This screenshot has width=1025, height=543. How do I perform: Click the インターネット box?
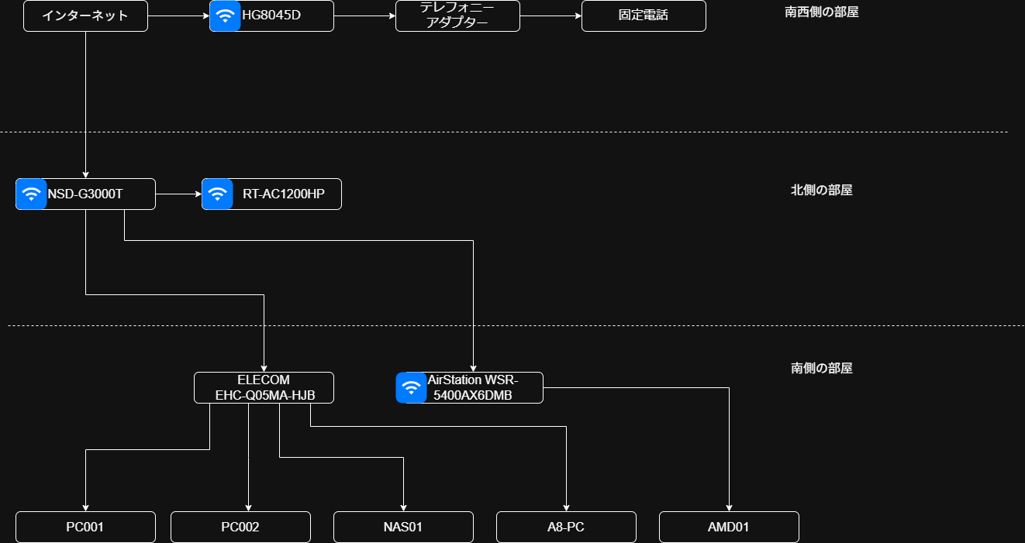pyautogui.click(x=85, y=15)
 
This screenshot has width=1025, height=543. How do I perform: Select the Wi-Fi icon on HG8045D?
pyautogui.click(x=225, y=15)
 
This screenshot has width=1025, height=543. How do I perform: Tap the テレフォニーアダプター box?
pyautogui.click(x=457, y=15)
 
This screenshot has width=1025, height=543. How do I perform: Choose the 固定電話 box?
pyautogui.click(x=644, y=15)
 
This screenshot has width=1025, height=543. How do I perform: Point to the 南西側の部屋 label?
pyautogui.click(x=822, y=12)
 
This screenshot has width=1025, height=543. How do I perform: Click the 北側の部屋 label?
pyautogui.click(x=822, y=190)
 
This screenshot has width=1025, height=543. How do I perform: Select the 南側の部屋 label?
pyautogui.click(x=822, y=368)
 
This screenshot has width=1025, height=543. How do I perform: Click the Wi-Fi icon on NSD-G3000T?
pyautogui.click(x=31, y=194)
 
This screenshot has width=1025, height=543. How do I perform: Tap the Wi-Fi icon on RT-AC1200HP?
pyautogui.click(x=217, y=194)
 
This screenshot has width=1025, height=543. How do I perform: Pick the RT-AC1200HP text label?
pyautogui.click(x=284, y=194)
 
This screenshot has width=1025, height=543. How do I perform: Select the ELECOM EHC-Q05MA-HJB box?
pyautogui.click(x=264, y=387)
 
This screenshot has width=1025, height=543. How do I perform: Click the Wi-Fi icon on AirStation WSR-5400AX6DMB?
pyautogui.click(x=411, y=387)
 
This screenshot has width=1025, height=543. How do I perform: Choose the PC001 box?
pyautogui.click(x=85, y=527)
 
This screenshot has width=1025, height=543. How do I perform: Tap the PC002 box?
pyautogui.click(x=240, y=527)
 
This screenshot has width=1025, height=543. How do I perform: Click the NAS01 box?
pyautogui.click(x=403, y=527)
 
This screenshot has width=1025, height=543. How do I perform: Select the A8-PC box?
pyautogui.click(x=566, y=527)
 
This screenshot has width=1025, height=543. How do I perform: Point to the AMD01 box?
pyautogui.click(x=729, y=527)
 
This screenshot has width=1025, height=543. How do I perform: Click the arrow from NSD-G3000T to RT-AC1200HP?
pyautogui.click(x=178, y=194)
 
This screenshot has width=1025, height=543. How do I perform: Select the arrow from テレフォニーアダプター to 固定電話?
pyautogui.click(x=550, y=15)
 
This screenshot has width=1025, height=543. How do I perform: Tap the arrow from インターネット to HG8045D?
pyautogui.click(x=178, y=15)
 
